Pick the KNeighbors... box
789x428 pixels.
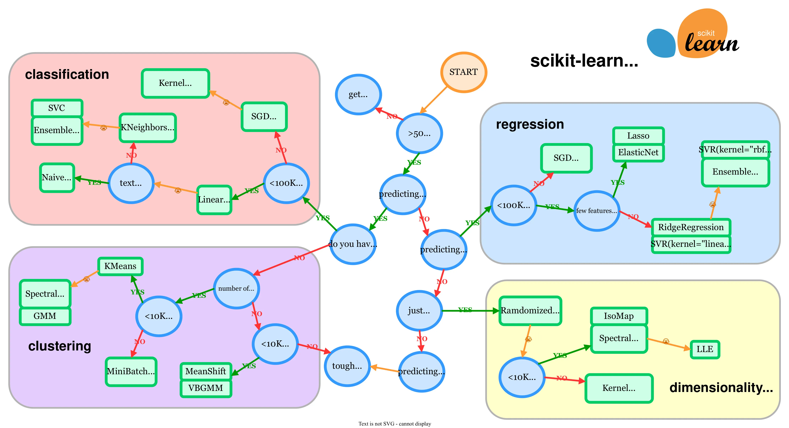(148, 127)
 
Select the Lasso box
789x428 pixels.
(638, 136)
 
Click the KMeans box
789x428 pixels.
(120, 266)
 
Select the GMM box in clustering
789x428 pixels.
(45, 316)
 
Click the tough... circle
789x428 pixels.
(347, 366)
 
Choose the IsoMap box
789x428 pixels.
(619, 316)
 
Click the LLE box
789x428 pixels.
(705, 349)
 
